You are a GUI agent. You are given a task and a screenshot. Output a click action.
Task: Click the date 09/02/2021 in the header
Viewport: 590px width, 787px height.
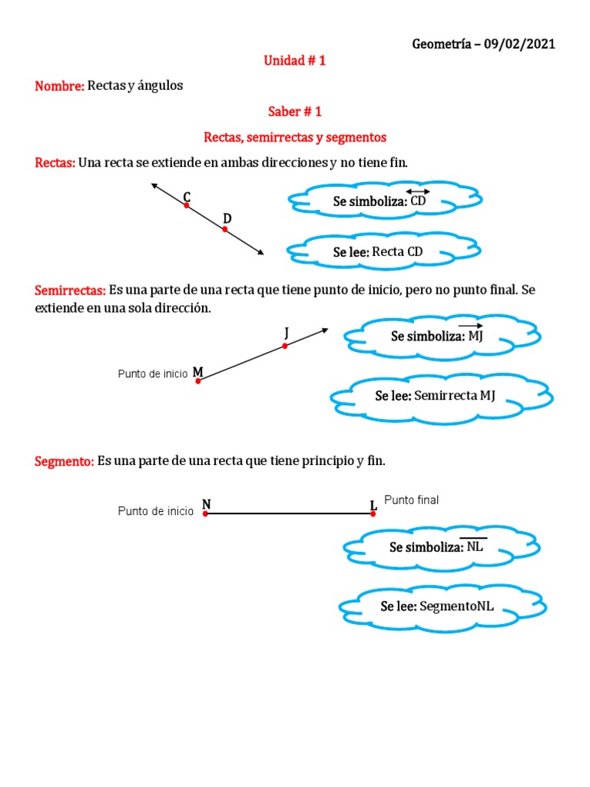(516, 44)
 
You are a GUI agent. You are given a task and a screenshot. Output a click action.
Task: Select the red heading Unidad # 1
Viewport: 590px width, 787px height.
(295, 61)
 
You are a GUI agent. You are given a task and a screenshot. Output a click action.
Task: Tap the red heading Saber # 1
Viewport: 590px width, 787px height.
(294, 111)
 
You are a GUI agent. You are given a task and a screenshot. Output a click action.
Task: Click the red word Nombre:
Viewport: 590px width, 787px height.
(59, 86)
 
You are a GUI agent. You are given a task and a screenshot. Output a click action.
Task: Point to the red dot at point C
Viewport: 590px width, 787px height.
(186, 205)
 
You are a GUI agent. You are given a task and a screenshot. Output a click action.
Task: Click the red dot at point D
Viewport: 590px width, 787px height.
(225, 229)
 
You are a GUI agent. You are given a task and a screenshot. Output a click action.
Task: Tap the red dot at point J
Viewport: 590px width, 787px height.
(285, 346)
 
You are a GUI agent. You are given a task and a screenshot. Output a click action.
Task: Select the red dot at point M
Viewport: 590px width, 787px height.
(198, 380)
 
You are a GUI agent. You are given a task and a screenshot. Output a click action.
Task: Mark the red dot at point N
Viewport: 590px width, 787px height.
(205, 513)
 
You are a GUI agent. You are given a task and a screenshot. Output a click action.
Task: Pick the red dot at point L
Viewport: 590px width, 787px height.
(373, 513)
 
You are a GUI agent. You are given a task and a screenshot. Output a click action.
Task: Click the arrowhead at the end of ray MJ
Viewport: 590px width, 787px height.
(326, 330)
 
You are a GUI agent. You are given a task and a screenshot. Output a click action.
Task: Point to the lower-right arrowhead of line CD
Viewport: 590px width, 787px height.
(261, 252)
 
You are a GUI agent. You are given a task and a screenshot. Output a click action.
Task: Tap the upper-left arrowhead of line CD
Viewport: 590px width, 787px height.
(154, 185)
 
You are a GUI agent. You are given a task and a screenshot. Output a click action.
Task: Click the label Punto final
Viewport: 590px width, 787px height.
(411, 500)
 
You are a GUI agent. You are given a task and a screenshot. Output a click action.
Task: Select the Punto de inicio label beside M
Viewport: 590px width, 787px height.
(152, 374)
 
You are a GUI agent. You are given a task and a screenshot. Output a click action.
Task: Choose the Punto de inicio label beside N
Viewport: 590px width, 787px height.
(155, 511)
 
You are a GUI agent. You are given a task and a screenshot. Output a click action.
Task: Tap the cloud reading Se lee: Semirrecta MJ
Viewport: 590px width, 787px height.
(441, 396)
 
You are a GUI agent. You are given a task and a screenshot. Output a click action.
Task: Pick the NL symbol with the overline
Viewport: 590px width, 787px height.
(476, 547)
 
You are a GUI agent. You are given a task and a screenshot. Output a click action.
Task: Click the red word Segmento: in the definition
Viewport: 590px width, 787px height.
(65, 461)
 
